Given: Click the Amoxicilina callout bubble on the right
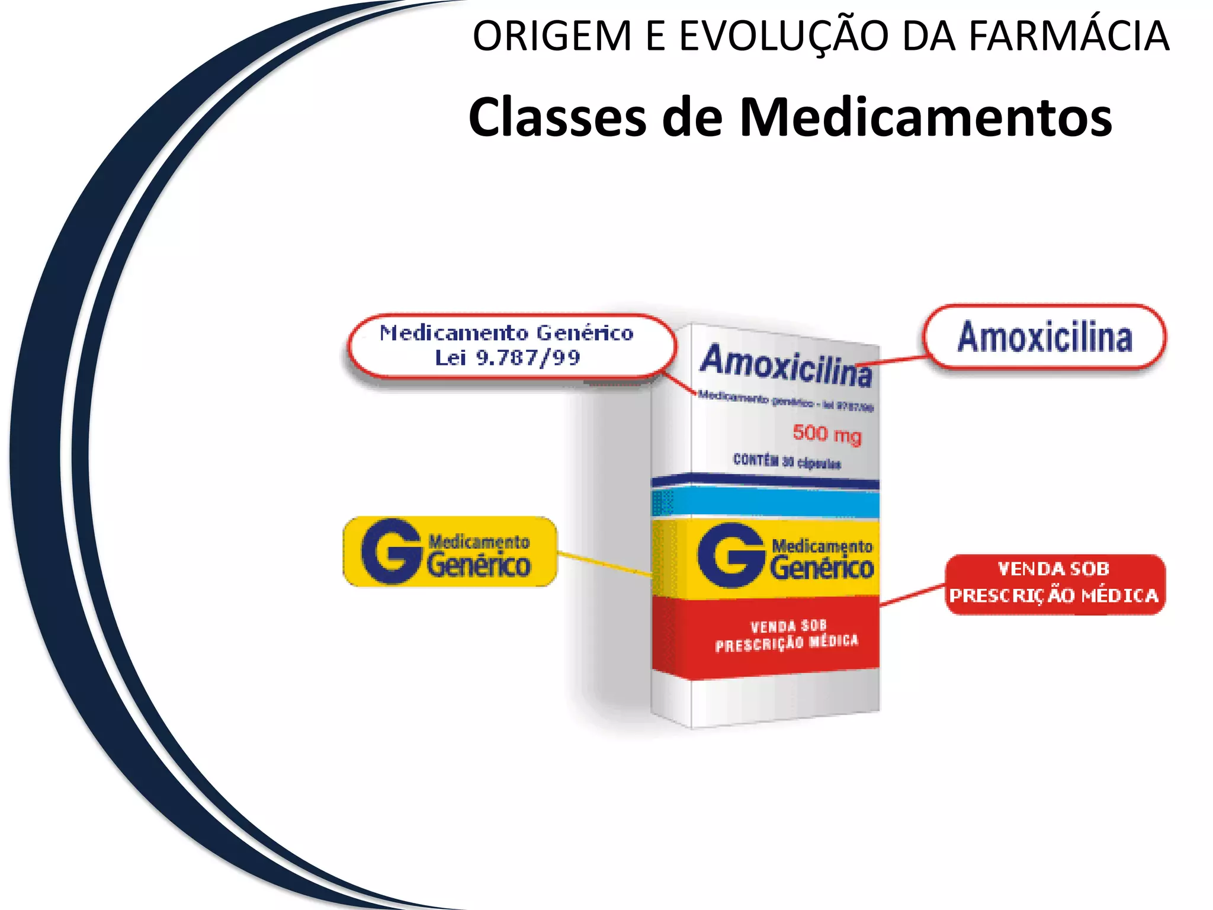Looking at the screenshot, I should tap(1045, 337).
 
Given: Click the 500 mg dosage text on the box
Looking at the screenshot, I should tap(827, 434).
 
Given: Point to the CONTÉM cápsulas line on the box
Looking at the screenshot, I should tap(787, 461).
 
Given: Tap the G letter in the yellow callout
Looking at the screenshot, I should tap(391, 551).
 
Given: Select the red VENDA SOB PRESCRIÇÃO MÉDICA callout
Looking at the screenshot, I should tap(1054, 584).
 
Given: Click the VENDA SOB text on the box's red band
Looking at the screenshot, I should tap(788, 626).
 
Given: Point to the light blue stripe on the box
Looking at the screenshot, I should tap(770, 503).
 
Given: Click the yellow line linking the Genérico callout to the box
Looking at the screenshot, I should tap(604, 564).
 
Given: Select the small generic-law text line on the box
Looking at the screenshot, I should tap(785, 401).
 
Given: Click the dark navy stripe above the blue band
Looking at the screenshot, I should tap(770, 480).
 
